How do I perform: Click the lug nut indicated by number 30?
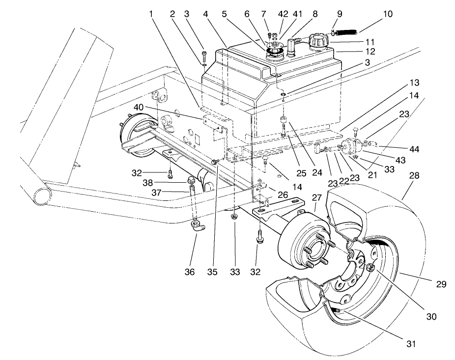tap(370, 268)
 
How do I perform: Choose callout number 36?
tap(190, 271)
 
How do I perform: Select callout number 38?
tap(174, 183)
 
